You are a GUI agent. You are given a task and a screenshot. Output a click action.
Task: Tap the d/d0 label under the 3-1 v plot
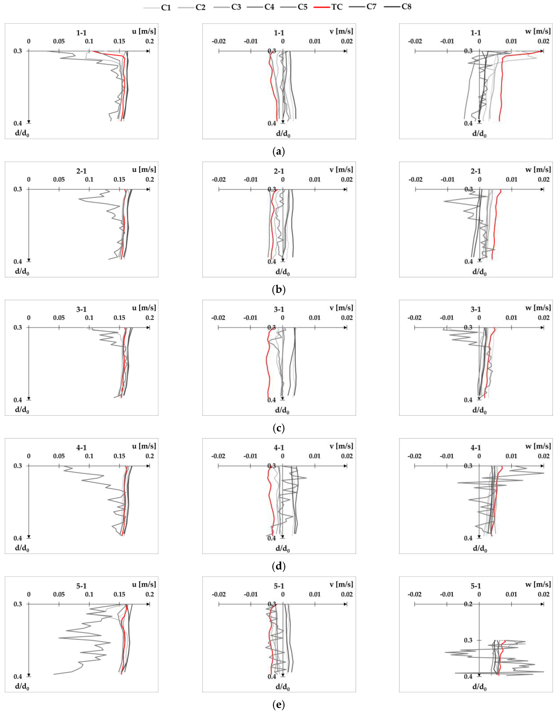[x=282, y=410]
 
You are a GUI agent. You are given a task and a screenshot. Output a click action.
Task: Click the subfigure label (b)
[x=278, y=290]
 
